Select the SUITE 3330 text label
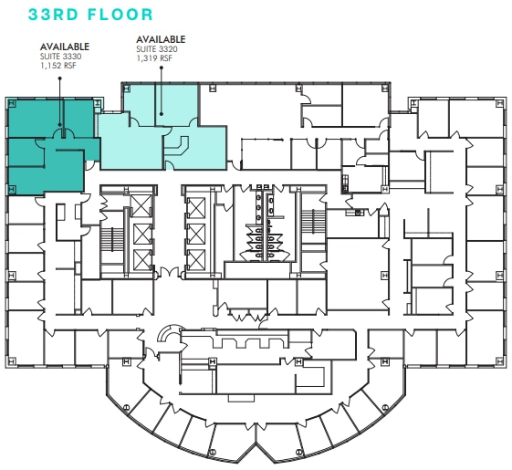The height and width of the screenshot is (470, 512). pos(59,57)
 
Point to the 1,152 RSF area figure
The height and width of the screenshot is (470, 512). pos(57,66)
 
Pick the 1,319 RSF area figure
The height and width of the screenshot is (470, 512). pos(155,58)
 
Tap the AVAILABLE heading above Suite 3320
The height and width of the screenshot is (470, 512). pos(161,39)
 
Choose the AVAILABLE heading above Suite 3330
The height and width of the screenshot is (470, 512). pos(64,47)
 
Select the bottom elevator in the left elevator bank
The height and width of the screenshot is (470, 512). pos(140,258)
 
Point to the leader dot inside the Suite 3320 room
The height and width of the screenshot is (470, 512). pos(160,114)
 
